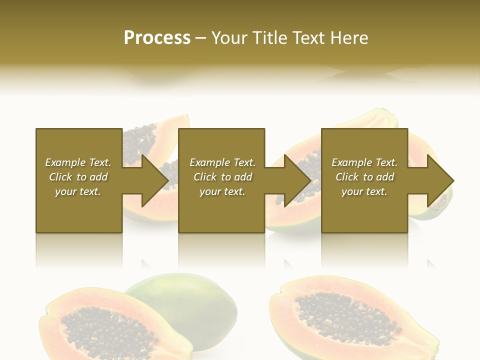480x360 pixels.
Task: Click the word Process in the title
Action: click(x=157, y=38)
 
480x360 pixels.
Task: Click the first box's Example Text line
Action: click(x=78, y=162)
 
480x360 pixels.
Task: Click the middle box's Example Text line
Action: click(x=222, y=162)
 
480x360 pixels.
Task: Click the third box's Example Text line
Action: click(x=364, y=162)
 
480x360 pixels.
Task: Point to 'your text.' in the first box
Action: click(x=78, y=191)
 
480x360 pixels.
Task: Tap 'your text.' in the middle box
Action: click(x=222, y=191)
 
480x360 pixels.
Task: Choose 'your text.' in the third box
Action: click(x=364, y=191)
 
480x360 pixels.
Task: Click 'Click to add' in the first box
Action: click(x=78, y=177)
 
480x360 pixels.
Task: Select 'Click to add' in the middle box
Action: click(x=222, y=177)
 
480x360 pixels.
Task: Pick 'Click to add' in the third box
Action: click(x=364, y=177)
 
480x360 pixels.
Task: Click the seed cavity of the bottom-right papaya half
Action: click(x=345, y=315)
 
